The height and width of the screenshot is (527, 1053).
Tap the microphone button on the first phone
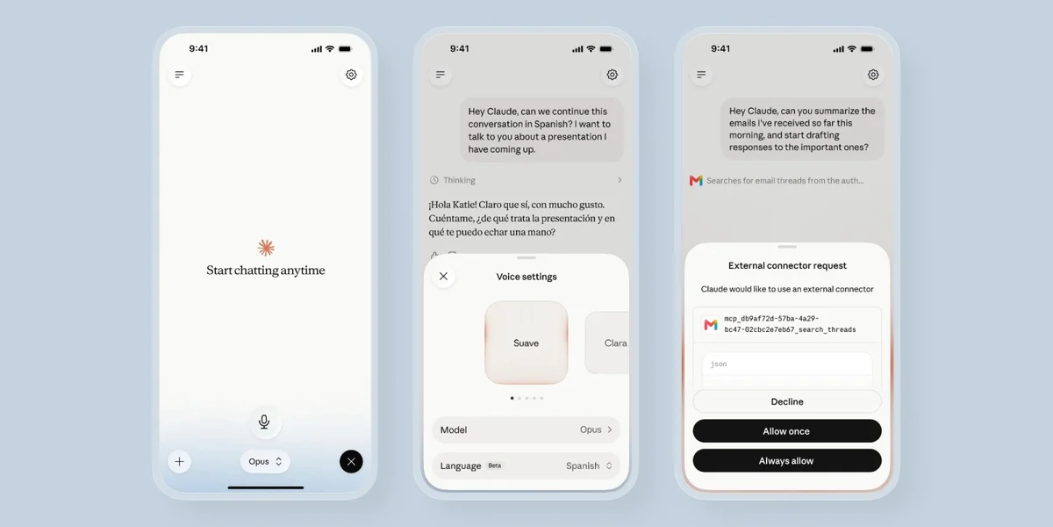click(x=264, y=421)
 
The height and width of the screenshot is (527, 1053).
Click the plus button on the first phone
click(x=179, y=462)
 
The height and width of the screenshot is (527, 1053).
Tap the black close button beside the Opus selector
click(x=351, y=462)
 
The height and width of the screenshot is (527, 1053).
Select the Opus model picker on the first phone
click(x=265, y=462)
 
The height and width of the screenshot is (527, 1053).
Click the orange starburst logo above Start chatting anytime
click(x=266, y=248)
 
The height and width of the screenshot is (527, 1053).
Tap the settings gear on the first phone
click(x=351, y=75)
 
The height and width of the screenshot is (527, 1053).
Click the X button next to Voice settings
click(x=443, y=276)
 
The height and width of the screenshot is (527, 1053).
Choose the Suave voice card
click(x=526, y=343)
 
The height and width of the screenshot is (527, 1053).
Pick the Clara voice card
click(x=607, y=343)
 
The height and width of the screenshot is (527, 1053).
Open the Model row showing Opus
click(x=526, y=430)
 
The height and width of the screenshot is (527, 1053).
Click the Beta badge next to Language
click(x=495, y=466)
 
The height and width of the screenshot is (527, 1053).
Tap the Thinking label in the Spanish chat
click(x=459, y=180)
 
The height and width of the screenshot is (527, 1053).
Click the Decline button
click(x=787, y=402)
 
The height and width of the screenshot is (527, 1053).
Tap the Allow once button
click(x=787, y=431)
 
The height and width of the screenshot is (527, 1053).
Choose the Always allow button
click(x=787, y=460)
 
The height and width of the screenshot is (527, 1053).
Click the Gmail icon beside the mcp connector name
click(x=711, y=324)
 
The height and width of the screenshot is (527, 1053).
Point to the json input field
click(x=787, y=370)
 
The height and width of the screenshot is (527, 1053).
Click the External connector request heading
click(x=787, y=265)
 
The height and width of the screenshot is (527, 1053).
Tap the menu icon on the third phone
click(x=701, y=75)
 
